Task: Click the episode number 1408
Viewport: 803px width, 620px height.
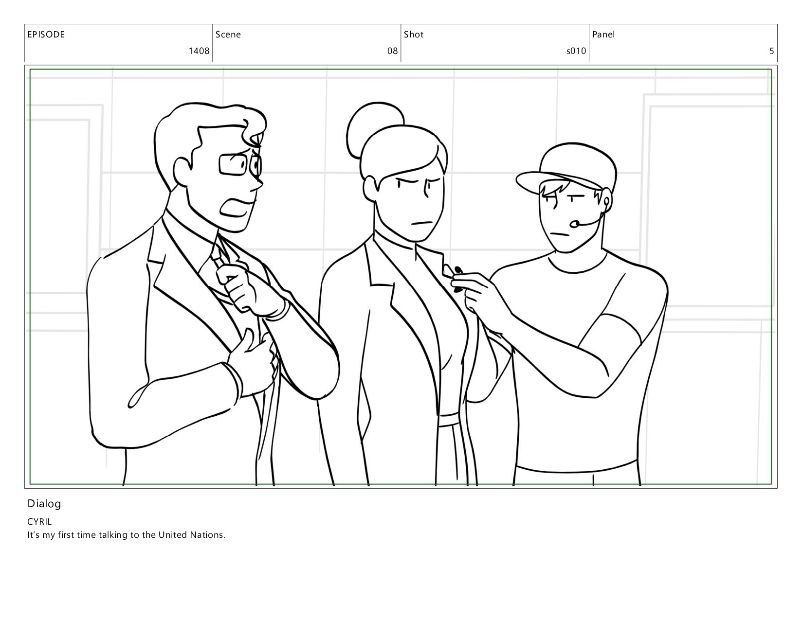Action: [199, 51]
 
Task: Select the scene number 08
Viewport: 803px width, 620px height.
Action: [392, 51]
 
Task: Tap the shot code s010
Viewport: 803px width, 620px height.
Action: [576, 51]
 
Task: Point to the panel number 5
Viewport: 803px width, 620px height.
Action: [771, 51]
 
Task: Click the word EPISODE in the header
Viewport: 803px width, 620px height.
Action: [46, 35]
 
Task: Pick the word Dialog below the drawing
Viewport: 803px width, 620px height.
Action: [44, 504]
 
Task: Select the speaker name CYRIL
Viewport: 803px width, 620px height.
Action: [39, 521]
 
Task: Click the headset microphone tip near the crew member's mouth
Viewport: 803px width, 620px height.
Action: [574, 224]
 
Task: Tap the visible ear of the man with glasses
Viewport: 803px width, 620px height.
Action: [182, 173]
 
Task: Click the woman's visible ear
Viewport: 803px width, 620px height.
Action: [370, 189]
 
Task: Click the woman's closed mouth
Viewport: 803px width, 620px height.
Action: [422, 223]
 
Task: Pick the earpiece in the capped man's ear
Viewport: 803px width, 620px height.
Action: [606, 202]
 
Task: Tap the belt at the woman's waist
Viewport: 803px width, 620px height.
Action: [448, 420]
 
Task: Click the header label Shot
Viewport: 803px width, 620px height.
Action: [414, 35]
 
